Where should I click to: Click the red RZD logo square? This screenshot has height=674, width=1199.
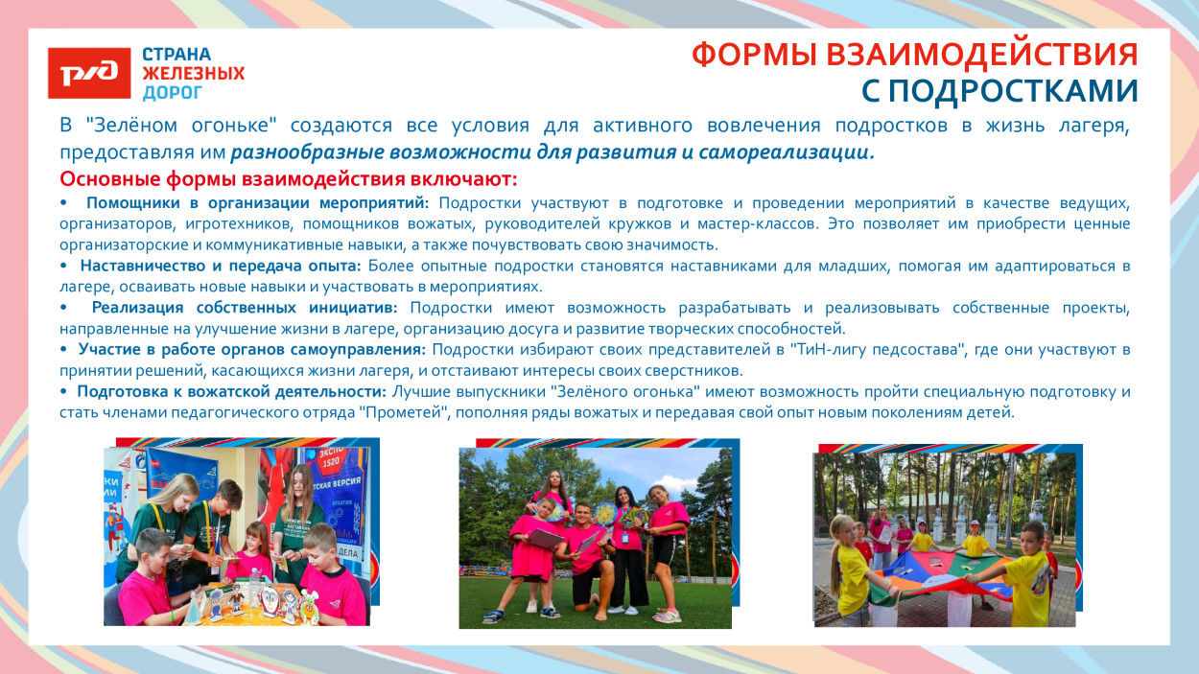[x=89, y=73]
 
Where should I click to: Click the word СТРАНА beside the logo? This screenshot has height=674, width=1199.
[x=177, y=55]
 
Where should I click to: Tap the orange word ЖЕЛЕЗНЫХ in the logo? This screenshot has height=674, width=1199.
[x=194, y=74]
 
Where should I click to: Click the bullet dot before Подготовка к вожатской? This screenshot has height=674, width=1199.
[x=63, y=392]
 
